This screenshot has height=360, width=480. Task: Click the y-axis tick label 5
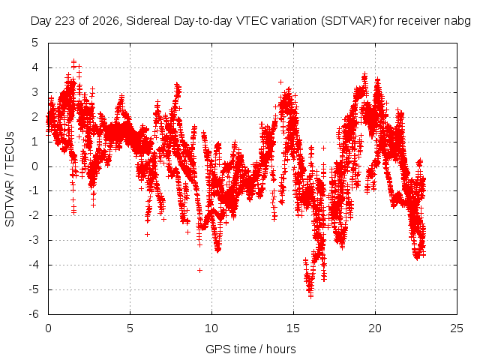point(35,43)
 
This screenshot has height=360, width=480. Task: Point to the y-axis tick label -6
point(34,314)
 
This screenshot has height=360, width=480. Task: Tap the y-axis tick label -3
point(34,240)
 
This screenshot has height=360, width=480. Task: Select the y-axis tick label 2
point(35,117)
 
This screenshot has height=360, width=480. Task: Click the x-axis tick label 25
point(457,328)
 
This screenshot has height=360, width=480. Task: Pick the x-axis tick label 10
point(211,328)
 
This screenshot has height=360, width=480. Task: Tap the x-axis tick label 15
point(293,328)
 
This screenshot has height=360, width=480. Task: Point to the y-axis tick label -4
point(34,265)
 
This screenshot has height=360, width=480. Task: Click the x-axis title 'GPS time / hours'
point(250,349)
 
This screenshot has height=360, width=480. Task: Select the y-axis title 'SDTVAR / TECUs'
point(10,179)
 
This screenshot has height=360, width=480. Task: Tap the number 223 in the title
point(65,21)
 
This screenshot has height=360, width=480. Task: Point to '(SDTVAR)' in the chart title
point(348,21)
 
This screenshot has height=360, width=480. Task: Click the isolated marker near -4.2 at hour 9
point(200,270)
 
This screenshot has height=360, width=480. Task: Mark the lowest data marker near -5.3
point(310,295)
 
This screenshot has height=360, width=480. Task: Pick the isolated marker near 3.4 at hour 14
point(280,82)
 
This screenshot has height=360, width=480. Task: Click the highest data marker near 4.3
point(73,61)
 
